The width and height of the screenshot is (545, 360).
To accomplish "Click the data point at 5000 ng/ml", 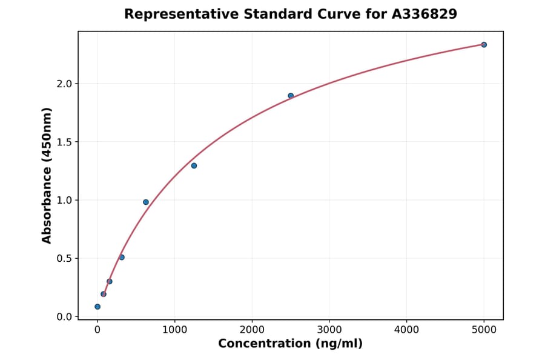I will (484, 45).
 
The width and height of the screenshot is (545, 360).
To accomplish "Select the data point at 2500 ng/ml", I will (291, 96).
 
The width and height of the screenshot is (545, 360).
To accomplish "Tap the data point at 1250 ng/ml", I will (194, 165).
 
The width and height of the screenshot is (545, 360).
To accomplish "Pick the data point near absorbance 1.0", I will (146, 202).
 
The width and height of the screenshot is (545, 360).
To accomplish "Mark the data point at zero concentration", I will (97, 307).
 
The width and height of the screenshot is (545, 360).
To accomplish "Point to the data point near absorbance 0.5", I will (122, 257).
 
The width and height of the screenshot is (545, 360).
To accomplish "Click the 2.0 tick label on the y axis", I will (64, 84).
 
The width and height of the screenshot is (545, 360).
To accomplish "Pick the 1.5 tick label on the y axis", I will (64, 142).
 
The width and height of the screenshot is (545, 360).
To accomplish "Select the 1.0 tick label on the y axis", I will (64, 200).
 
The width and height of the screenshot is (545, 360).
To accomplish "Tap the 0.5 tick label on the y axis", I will (64, 258).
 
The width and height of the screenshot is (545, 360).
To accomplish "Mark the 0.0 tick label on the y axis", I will (64, 317).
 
